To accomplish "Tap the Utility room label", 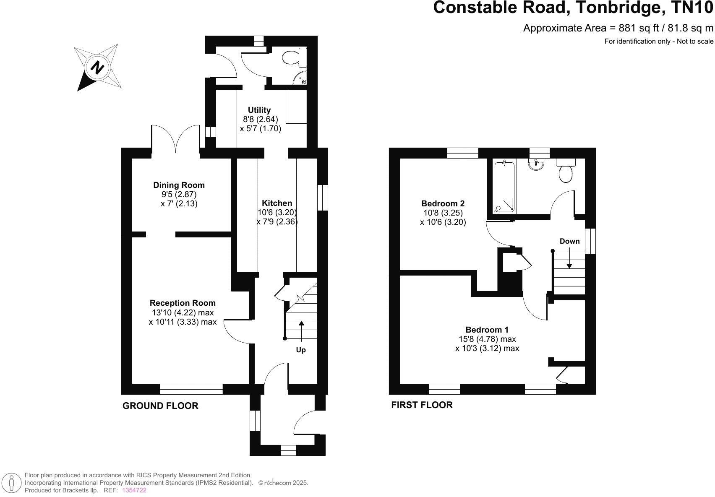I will tap(259, 110).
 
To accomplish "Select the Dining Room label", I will tap(179, 185).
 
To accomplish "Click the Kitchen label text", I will tap(277, 203).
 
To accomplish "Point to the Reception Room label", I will tap(183, 303).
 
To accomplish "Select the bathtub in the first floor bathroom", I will tap(504, 186).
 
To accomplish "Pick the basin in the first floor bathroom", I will tap(536, 165).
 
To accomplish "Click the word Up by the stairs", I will tap(301, 350).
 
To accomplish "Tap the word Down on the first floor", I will tap(569, 241).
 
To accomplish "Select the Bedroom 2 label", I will tap(443, 203).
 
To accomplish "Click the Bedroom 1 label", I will tap(487, 330).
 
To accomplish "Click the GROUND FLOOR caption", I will tap(160, 406).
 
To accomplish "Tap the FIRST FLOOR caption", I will tap(422, 405).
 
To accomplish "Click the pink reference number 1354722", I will tap(134, 490).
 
